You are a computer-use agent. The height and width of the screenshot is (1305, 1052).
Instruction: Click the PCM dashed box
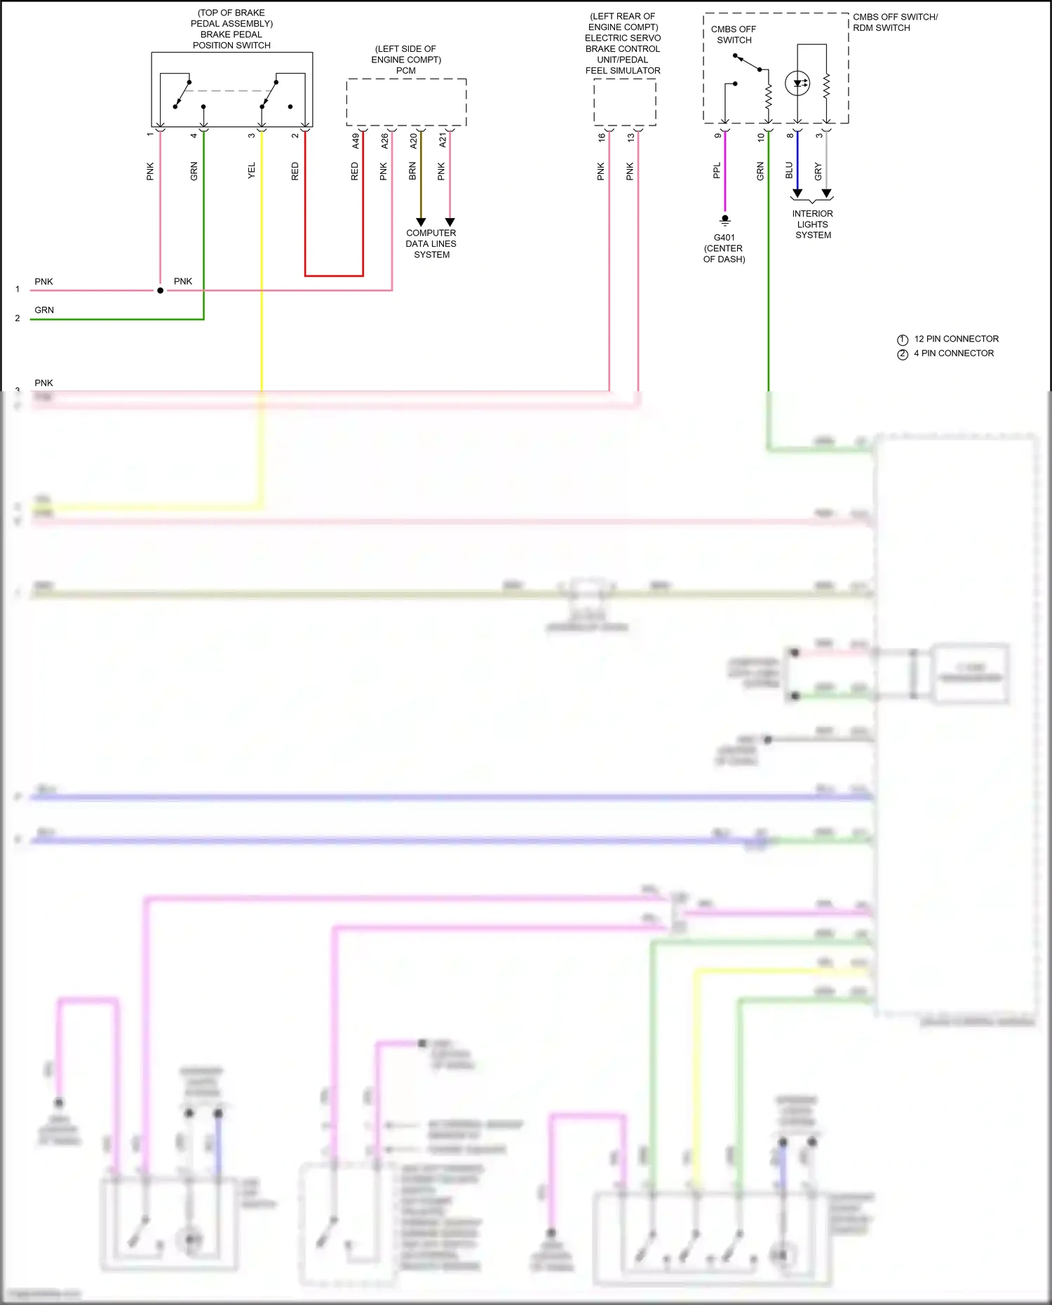(406, 102)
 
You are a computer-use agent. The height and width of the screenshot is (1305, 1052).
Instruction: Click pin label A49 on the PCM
(356, 141)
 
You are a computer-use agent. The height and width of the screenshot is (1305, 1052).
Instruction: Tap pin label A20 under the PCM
(414, 141)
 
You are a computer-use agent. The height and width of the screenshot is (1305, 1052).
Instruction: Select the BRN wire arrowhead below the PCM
(421, 222)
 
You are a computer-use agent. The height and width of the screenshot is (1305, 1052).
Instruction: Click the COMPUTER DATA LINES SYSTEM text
(431, 243)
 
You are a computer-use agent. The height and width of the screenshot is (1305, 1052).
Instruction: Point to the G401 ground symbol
(725, 220)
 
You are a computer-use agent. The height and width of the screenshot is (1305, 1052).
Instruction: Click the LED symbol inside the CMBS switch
(797, 83)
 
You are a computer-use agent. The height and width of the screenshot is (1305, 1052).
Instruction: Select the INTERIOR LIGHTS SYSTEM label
(813, 224)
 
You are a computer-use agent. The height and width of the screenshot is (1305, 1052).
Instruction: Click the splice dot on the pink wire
(160, 290)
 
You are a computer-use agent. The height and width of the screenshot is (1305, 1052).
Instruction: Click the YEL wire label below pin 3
(252, 170)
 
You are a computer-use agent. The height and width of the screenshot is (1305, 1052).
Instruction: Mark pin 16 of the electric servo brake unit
(602, 137)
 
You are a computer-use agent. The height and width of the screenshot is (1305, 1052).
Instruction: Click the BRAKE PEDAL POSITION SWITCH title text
(231, 39)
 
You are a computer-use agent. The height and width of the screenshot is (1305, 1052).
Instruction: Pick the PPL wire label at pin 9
(717, 170)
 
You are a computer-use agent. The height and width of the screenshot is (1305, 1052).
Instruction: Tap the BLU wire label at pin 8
(789, 170)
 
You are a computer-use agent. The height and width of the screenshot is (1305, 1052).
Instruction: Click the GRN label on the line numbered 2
(44, 310)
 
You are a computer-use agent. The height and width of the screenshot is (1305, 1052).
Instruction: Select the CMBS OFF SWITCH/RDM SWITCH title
(895, 22)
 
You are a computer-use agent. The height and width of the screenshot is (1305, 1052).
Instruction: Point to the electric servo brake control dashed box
(624, 102)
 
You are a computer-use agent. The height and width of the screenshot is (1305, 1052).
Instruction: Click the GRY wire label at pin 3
(818, 171)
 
